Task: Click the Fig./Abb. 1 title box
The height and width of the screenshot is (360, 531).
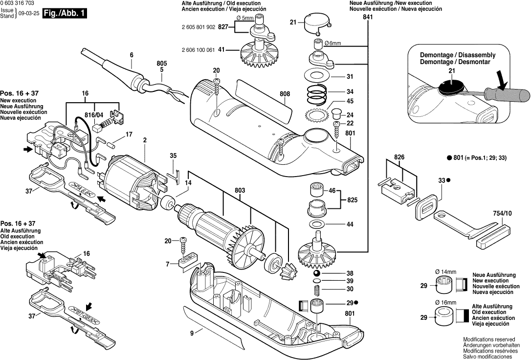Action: click(x=65, y=14)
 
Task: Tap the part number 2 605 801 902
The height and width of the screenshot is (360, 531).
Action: click(x=198, y=27)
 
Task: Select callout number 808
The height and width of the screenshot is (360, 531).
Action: click(x=285, y=94)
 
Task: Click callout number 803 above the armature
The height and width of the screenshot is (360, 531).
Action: click(x=240, y=191)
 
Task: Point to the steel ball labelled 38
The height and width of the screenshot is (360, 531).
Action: click(x=316, y=273)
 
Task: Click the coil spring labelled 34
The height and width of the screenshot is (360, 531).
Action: click(x=317, y=92)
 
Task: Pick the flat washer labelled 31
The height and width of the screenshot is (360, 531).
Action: click(x=317, y=75)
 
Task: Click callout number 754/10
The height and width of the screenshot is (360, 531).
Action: click(x=503, y=213)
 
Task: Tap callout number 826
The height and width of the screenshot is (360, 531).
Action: click(x=399, y=157)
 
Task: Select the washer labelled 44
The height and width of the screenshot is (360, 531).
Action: click(x=317, y=224)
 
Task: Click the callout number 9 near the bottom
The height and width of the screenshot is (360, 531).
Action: click(x=192, y=334)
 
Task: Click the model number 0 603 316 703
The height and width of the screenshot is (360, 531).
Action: click(x=17, y=3)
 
